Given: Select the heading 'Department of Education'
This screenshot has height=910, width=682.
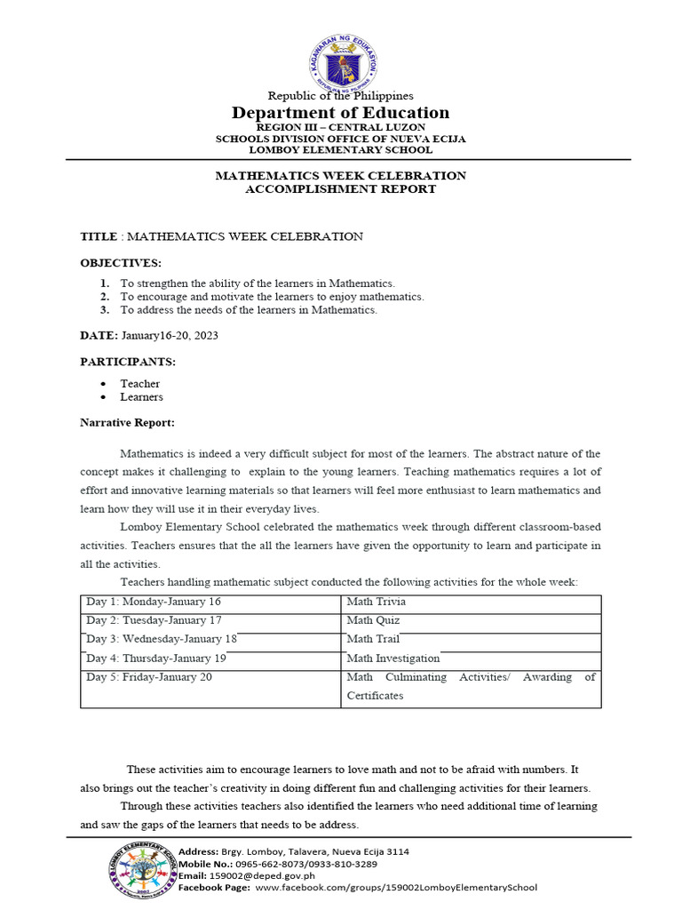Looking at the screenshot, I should pos(341,113).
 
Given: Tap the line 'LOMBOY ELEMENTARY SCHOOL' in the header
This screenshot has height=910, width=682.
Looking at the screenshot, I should pos(341,150).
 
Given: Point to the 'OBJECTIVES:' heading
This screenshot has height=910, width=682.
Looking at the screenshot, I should pos(121,264).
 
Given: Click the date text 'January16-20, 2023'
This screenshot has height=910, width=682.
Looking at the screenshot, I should pos(170,336).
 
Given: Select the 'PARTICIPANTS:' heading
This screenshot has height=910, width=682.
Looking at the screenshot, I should pos(128,363).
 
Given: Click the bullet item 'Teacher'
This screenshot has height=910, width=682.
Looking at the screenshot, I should pos(140,384).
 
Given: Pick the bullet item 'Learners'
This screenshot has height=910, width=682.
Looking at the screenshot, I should pos(142,397).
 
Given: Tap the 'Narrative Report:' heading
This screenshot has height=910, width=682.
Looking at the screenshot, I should pos(128,422).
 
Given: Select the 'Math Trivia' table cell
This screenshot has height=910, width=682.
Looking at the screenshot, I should pos(377,602).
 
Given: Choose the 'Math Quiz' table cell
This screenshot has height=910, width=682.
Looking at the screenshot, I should pos(373,620).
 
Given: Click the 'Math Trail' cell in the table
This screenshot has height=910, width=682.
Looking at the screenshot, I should pos(373,639).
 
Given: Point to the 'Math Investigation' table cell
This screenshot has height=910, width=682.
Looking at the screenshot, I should pos(393,659).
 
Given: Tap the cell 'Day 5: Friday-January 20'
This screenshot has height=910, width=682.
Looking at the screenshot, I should pos(149,677).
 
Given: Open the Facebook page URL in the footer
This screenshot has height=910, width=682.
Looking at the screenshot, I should pos(395,887).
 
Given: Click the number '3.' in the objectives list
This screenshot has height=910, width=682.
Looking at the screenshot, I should pos(104,310).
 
